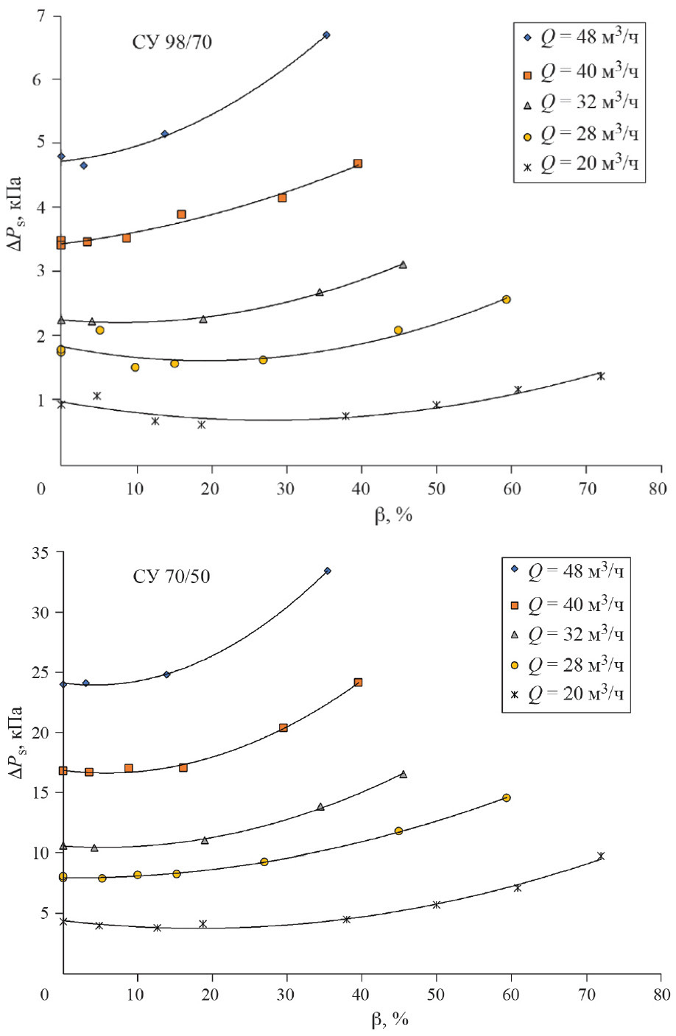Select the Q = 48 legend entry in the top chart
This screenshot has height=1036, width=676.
click(x=578, y=37)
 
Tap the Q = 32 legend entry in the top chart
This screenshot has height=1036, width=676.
click(x=578, y=102)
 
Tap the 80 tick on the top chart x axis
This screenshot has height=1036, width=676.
click(x=658, y=488)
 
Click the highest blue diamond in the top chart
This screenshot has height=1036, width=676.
click(x=326, y=35)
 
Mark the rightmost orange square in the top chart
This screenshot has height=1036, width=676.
click(x=358, y=163)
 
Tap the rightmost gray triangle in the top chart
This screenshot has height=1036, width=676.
click(x=403, y=264)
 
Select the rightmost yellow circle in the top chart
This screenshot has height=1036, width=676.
click(x=506, y=299)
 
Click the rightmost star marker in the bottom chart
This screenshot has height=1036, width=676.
click(x=601, y=856)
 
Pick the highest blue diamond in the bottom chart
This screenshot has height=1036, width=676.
click(x=328, y=571)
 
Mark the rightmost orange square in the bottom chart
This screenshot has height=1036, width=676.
click(x=359, y=683)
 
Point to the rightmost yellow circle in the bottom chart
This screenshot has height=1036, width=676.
click(x=506, y=797)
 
